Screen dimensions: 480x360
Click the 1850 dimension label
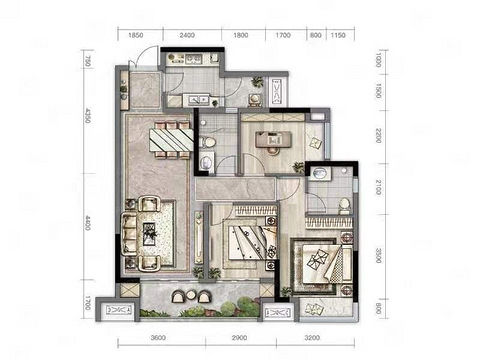click(136, 35)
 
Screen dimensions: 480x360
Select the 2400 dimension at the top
click(187, 35)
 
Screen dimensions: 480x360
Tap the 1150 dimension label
click(338, 35)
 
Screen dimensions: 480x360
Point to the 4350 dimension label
click(88, 115)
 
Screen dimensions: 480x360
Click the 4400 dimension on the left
click(88, 223)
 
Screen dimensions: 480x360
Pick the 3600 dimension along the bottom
click(159, 338)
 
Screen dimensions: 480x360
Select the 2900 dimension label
click(239, 338)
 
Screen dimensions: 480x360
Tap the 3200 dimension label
click(312, 338)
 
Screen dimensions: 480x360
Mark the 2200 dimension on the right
click(378, 135)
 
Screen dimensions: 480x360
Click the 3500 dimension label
click(378, 255)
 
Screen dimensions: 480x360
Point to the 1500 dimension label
click(378, 91)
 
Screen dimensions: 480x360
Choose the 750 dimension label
click(88, 62)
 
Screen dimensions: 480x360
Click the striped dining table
click(171, 140)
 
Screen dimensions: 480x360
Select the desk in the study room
click(273, 139)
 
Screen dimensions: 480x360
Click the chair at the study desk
click(273, 151)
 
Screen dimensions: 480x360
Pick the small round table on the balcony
click(190, 295)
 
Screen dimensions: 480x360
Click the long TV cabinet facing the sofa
click(199, 237)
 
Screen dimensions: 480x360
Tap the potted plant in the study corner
click(298, 167)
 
